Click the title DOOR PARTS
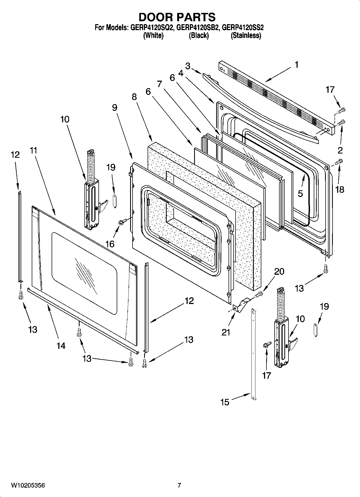pos(177,17)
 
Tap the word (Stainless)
pos(246,35)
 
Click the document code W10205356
pos(28,485)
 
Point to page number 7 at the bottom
pos(179,485)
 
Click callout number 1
pos(296,65)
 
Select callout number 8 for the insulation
pos(134,97)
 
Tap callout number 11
pos(33,151)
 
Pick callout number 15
pos(225,402)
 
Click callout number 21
pos(226,332)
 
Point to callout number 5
pos(300,194)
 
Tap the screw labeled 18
pos(339,161)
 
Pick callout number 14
pos(61,345)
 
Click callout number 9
pos(115,108)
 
